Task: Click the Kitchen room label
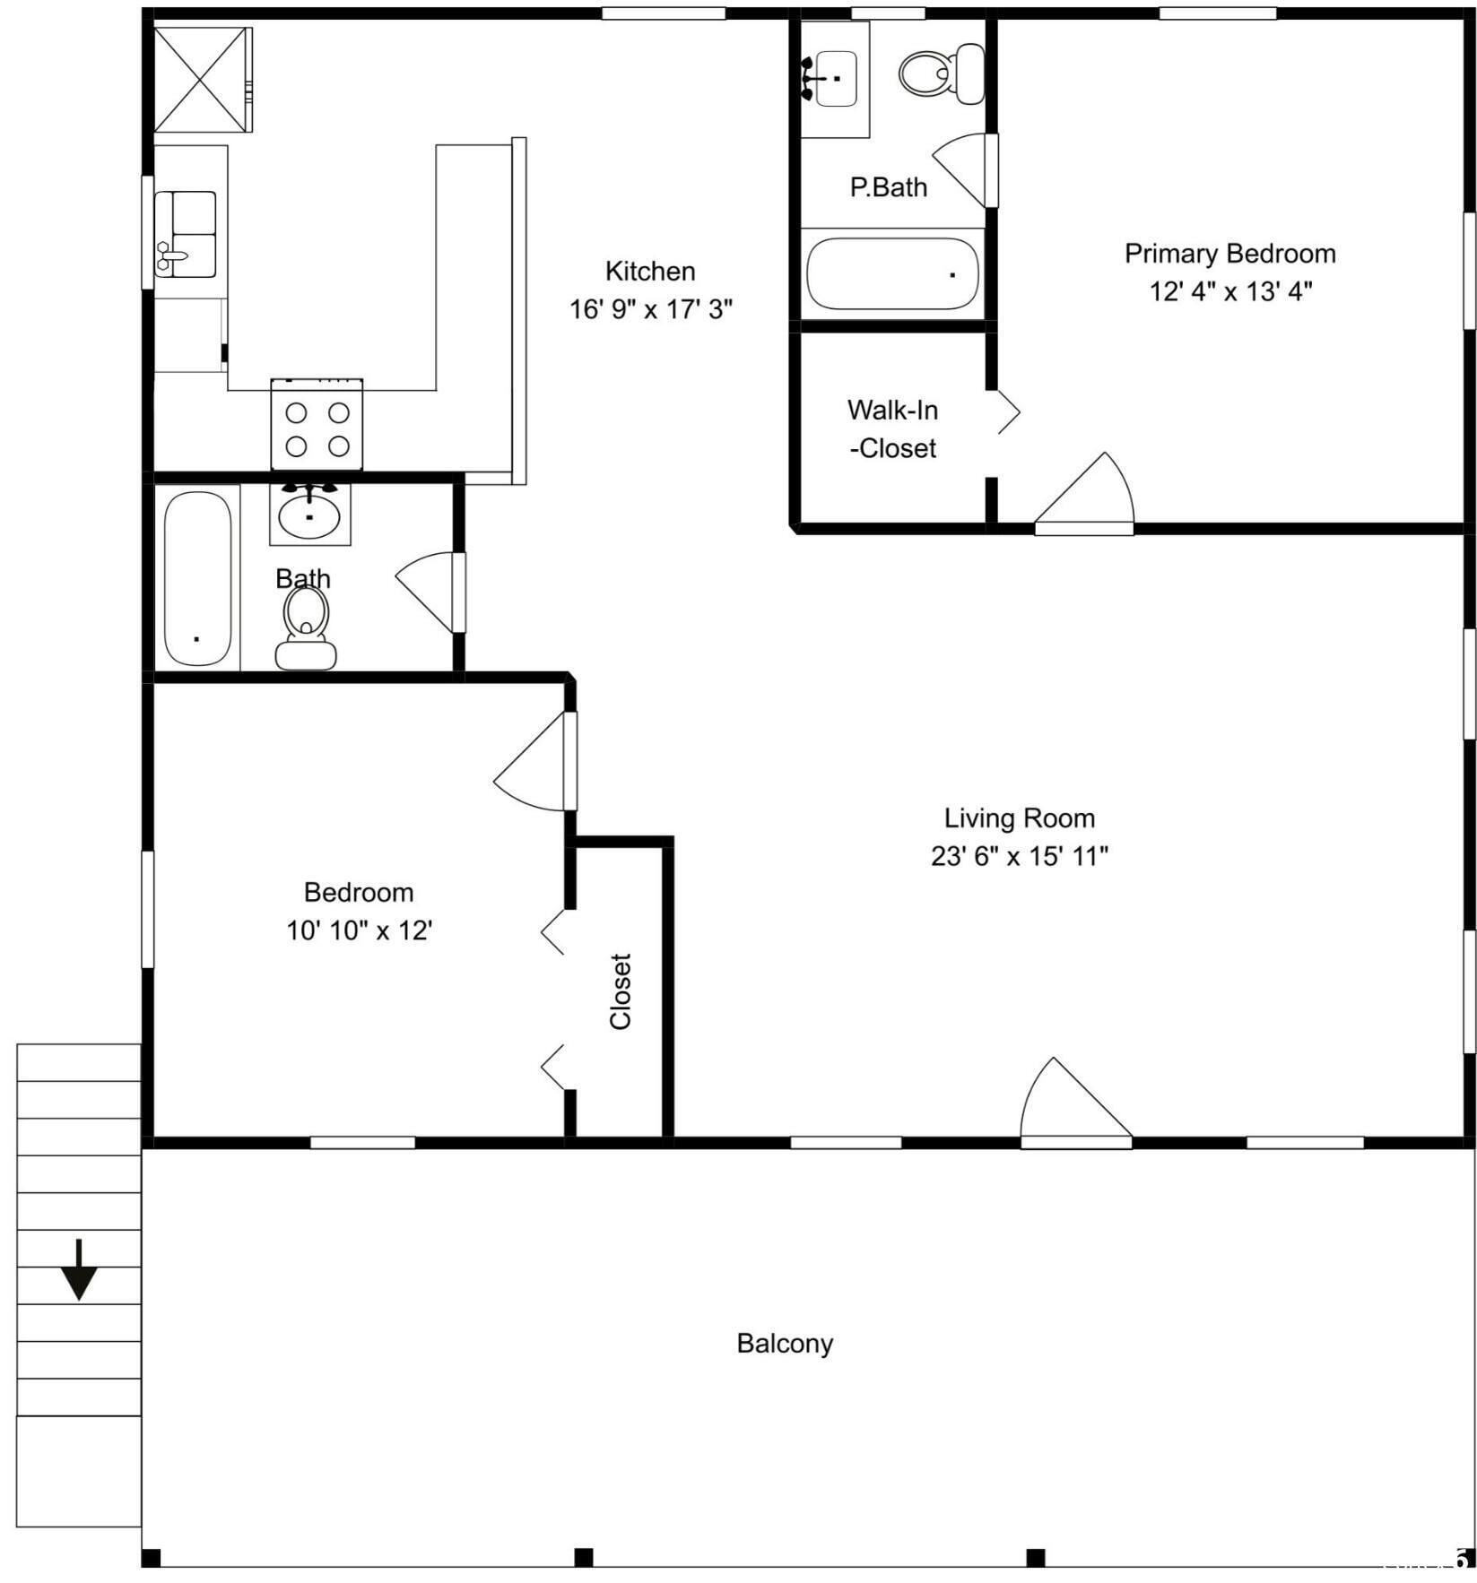click(650, 271)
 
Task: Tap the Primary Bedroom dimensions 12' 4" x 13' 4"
click(1230, 291)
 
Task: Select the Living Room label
click(1019, 817)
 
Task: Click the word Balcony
click(785, 1343)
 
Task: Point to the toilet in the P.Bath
click(940, 73)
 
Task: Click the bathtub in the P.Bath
click(892, 274)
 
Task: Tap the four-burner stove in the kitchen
click(317, 425)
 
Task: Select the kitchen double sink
click(186, 234)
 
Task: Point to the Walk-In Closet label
click(893, 428)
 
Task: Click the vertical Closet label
click(621, 990)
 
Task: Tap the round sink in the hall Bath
click(309, 515)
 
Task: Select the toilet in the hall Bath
click(306, 627)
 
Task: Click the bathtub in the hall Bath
click(197, 577)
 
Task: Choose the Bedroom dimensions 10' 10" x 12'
click(359, 930)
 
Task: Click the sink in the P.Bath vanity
click(836, 79)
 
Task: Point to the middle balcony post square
click(583, 1557)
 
